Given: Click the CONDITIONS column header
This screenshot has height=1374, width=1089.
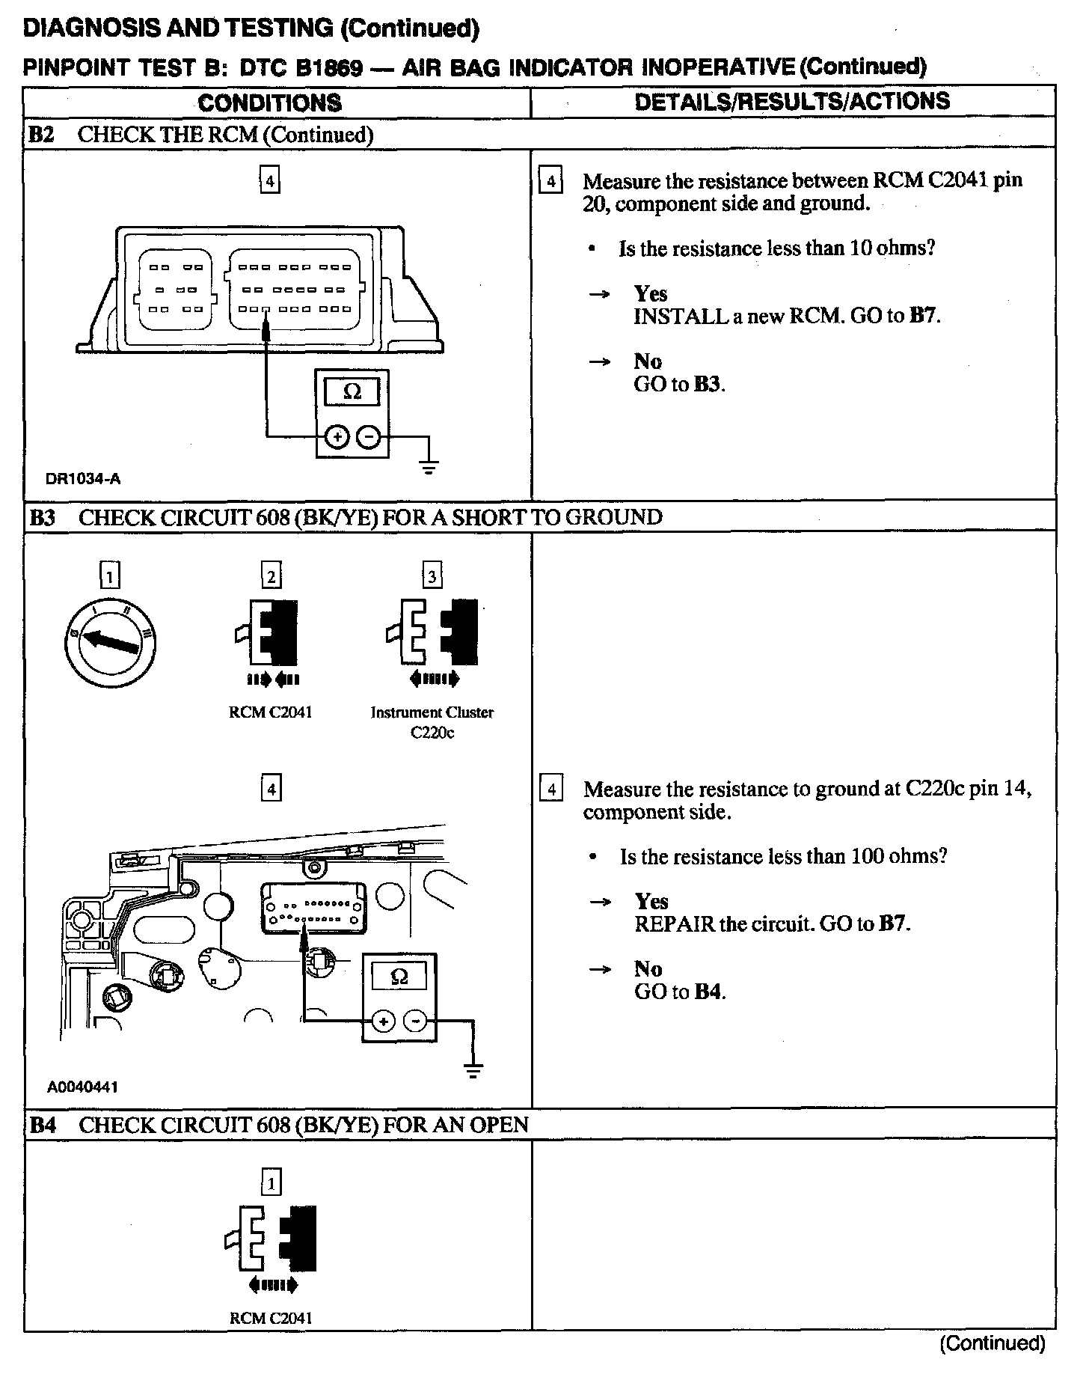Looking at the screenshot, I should pos(270,103).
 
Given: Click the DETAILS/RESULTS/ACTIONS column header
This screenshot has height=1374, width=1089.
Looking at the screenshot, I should pos(792,101).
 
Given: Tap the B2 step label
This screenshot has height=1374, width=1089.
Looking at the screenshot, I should pos(42,135).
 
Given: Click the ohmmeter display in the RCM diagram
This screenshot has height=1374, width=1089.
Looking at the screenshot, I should pos(352,391).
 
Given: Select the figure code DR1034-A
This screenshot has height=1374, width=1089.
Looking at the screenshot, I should pos(83,480).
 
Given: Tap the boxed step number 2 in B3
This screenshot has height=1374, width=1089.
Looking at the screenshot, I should pos(272,575).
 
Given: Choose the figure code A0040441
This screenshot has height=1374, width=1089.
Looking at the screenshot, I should pos(82,1087).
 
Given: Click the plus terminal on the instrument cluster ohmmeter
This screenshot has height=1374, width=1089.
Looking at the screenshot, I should pos(384,1021).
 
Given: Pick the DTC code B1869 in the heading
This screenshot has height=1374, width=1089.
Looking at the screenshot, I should pos(330,68).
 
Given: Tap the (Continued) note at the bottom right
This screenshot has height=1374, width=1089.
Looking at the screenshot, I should pos(992,1343).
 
